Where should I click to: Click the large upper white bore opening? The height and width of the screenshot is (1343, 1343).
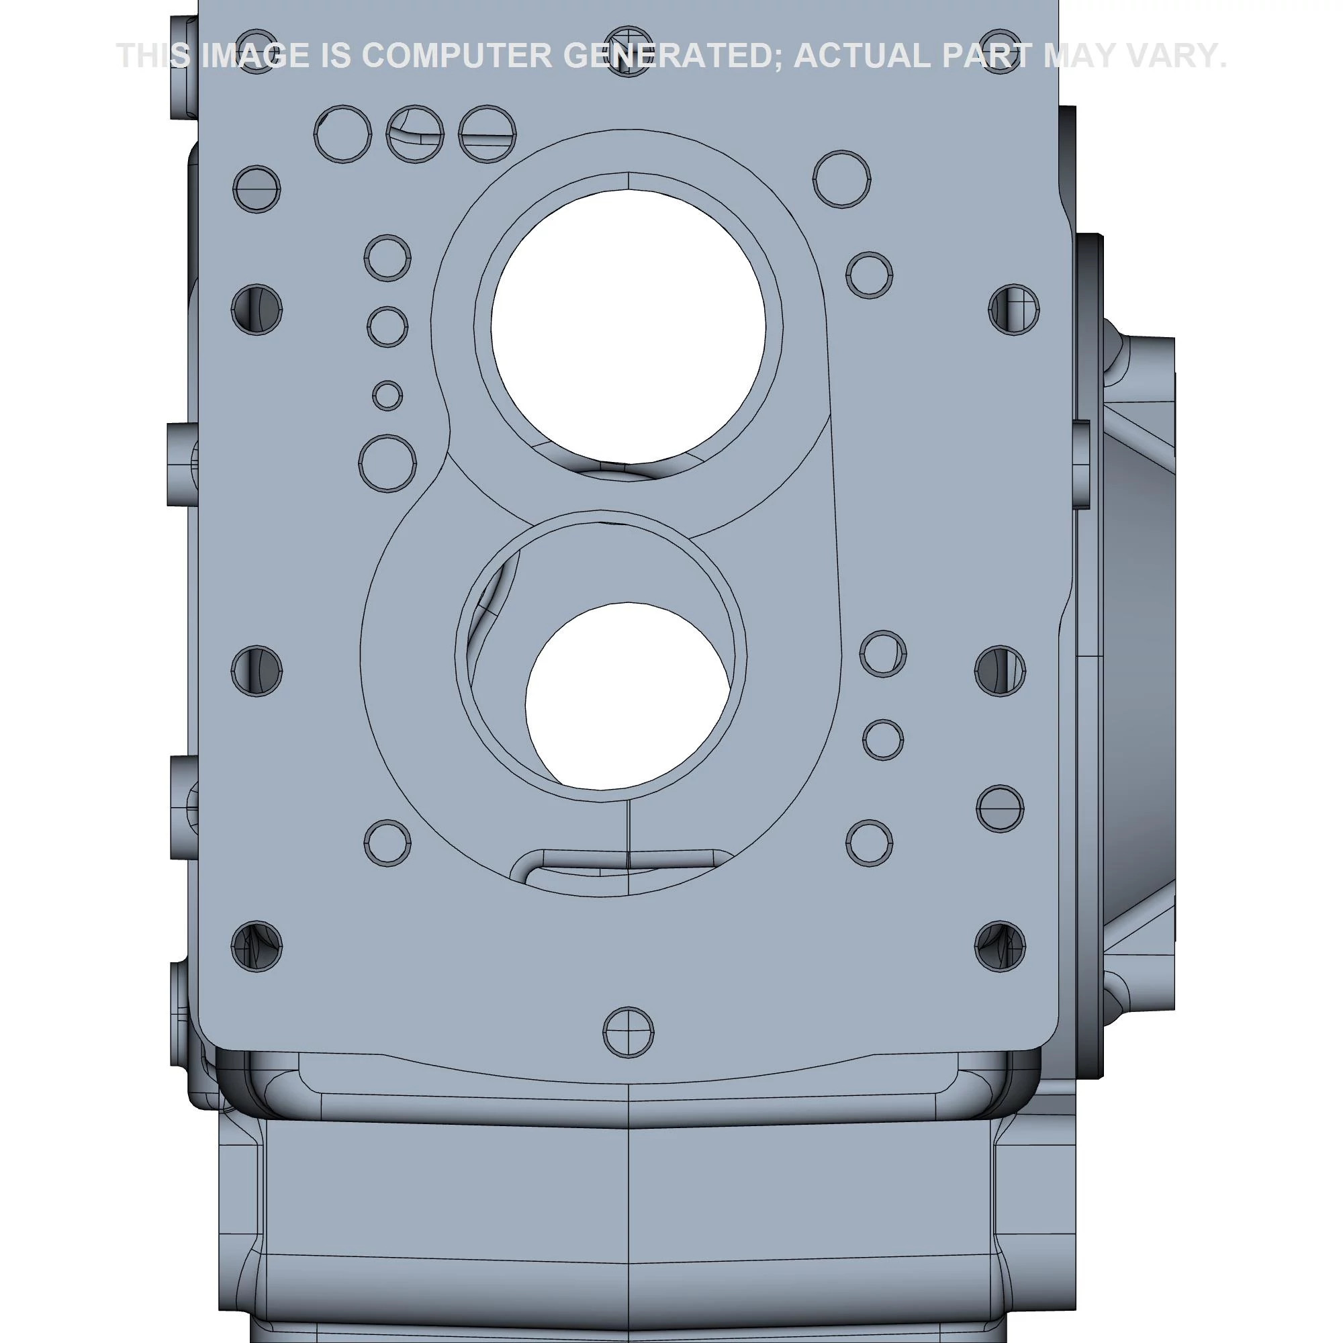[628, 327]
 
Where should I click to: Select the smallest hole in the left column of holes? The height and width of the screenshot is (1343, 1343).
[387, 396]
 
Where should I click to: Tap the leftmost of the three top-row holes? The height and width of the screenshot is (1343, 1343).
[342, 134]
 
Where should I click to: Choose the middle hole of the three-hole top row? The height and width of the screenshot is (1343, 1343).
[415, 134]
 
